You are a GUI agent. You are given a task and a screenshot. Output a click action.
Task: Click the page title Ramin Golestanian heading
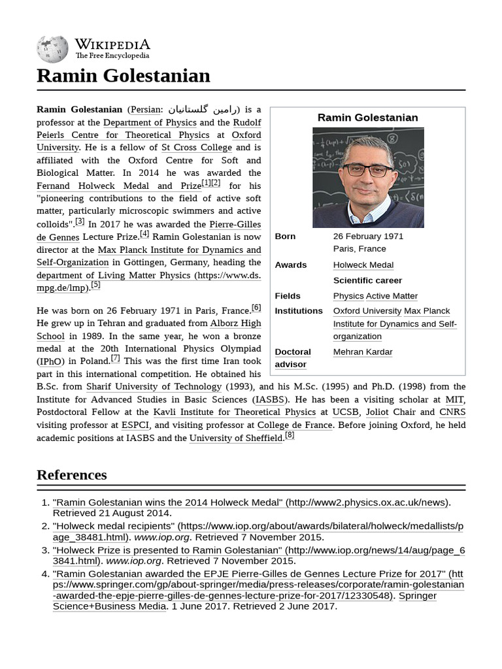124,76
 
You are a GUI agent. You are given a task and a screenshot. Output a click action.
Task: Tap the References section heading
72,474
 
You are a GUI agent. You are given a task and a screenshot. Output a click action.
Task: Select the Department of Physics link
150,122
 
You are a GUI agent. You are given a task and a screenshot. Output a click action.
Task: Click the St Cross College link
197,148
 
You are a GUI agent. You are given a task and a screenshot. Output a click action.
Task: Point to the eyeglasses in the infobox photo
368,171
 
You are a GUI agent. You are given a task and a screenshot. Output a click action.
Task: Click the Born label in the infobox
285,237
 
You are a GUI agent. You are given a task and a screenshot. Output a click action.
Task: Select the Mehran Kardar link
363,352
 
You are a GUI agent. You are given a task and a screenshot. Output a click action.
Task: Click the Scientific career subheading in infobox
367,280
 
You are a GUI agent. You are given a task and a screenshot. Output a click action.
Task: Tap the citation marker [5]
95,285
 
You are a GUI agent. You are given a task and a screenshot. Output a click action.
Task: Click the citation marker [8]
290,435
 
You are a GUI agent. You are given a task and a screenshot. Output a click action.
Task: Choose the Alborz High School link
235,323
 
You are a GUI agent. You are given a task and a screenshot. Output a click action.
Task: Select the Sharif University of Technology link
154,387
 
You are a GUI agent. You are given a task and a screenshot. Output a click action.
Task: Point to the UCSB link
345,412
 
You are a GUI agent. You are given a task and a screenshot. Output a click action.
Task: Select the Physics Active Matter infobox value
375,296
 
